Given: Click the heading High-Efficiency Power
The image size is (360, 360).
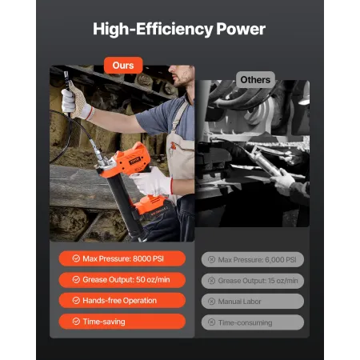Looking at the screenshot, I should [x=179, y=30].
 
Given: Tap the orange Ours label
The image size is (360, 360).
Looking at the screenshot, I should [x=123, y=65].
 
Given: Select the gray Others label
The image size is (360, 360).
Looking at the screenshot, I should [x=255, y=79].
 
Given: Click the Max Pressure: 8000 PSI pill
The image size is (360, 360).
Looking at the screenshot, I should [x=122, y=258].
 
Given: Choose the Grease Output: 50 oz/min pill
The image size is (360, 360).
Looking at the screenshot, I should [x=122, y=280].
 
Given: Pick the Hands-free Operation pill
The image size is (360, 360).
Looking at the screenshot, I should [x=122, y=301].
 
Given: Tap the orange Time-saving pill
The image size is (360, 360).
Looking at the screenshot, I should [x=122, y=322].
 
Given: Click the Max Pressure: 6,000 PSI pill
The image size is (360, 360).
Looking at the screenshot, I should [x=251, y=259].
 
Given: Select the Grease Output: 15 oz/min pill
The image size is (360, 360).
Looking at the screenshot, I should [x=251, y=280].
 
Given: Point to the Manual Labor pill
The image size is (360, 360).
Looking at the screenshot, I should [x=251, y=302].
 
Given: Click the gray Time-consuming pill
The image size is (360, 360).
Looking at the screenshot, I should [x=251, y=322].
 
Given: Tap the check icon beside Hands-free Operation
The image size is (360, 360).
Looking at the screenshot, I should [x=75, y=301].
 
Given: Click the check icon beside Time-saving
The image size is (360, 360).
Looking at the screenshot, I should [x=75, y=322].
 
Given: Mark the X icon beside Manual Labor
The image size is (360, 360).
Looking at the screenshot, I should [x=211, y=302].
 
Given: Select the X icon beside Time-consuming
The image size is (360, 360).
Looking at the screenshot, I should [x=211, y=322].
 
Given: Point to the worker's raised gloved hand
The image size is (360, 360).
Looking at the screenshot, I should [x=75, y=103].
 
